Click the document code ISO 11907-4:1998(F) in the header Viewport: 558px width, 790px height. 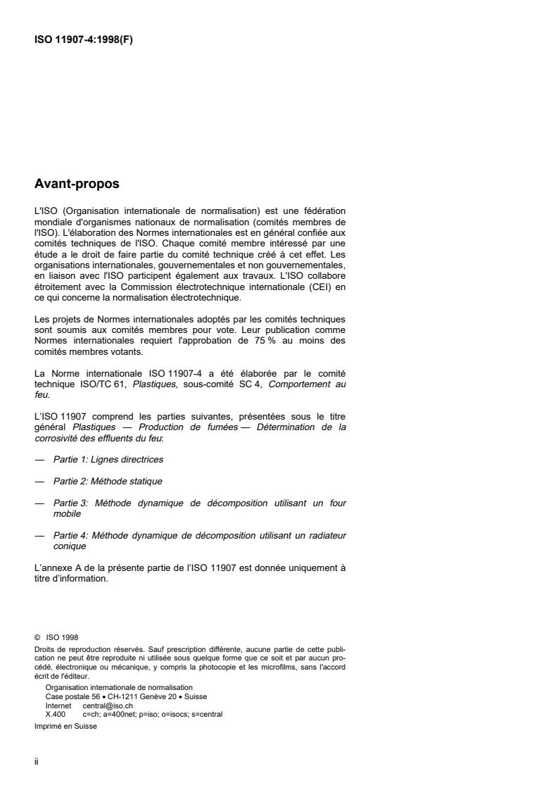[84, 39]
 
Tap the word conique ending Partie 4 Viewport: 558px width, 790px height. [70, 546]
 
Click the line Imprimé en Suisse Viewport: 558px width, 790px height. [65, 727]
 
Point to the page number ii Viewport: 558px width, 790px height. [37, 763]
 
